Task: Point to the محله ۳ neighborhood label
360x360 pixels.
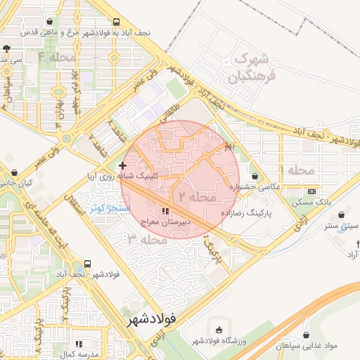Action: pos(148,240)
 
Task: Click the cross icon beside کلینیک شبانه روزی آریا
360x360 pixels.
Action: pos(122,165)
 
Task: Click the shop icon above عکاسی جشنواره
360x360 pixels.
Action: pos(254,176)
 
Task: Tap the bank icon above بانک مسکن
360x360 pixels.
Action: pos(311,191)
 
